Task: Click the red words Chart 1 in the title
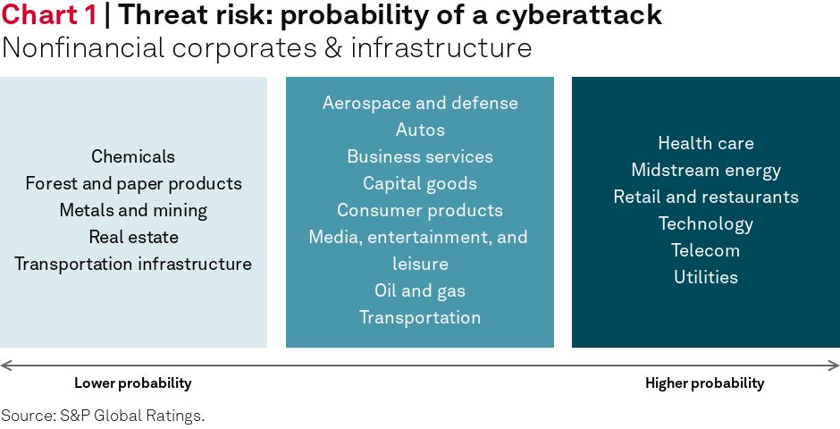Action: (x=49, y=15)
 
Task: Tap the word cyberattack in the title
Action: (x=578, y=16)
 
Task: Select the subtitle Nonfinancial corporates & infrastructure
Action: (x=266, y=47)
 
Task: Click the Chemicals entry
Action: (x=133, y=156)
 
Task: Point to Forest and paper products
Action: (x=133, y=184)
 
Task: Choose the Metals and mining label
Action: (x=133, y=211)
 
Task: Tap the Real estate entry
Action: (x=133, y=237)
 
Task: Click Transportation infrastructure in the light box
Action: (x=133, y=264)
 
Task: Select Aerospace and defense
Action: (x=420, y=103)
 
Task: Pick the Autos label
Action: (x=420, y=130)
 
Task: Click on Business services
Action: (x=420, y=156)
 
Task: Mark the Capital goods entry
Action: (x=420, y=184)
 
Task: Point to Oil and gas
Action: (x=420, y=290)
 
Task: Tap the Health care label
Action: (x=706, y=143)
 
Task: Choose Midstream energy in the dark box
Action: (x=706, y=171)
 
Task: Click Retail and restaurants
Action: (x=706, y=197)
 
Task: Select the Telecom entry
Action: (x=706, y=250)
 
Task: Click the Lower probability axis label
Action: (x=133, y=383)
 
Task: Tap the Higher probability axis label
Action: (x=704, y=383)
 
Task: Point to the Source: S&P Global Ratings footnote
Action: (x=103, y=416)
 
